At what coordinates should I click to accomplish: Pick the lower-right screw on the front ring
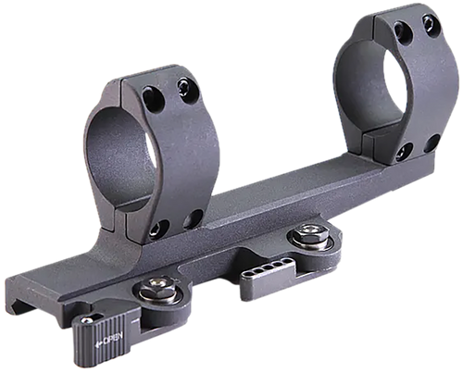[195, 219]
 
